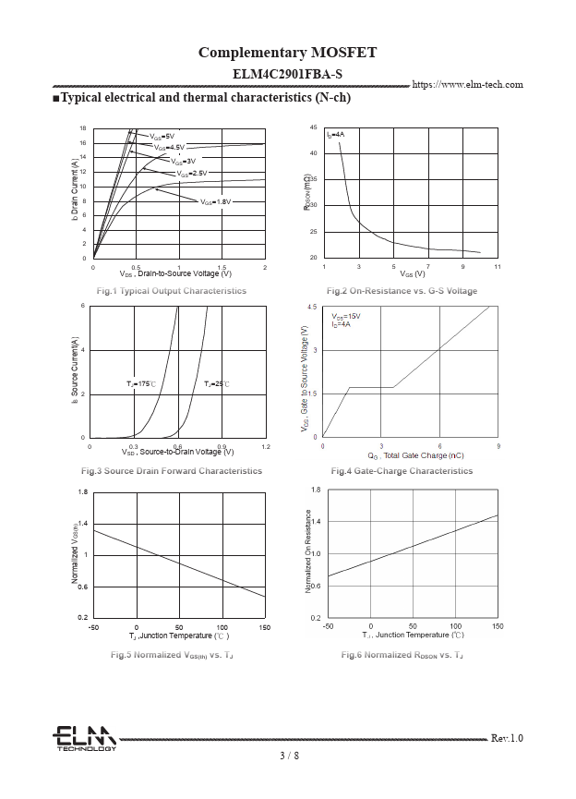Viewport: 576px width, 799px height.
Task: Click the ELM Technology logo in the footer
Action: (x=84, y=738)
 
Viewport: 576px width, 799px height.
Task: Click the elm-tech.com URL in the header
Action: (x=467, y=85)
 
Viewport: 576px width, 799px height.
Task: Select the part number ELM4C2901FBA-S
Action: (x=287, y=73)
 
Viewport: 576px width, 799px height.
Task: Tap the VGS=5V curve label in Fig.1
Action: (x=162, y=136)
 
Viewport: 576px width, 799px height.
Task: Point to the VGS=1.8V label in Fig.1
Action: (x=215, y=200)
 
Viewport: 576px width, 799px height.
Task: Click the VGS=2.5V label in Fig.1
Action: (x=192, y=173)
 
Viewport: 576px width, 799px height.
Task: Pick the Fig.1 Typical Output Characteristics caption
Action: (x=172, y=291)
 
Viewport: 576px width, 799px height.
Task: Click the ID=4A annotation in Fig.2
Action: (x=336, y=135)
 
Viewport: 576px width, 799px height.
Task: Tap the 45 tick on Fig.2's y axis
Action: (x=314, y=127)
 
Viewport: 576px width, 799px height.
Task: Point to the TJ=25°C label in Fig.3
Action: (x=217, y=382)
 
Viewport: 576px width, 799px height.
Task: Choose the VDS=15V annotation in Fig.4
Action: (x=346, y=316)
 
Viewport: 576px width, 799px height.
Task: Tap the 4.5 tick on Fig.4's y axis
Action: (x=312, y=307)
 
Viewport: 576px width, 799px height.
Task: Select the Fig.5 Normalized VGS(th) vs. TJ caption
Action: (x=172, y=655)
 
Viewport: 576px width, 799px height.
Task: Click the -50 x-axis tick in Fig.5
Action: (x=93, y=627)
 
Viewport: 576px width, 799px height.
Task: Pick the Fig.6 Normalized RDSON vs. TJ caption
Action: (x=402, y=655)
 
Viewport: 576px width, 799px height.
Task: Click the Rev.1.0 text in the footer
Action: (x=507, y=738)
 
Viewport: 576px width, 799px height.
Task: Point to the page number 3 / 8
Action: (x=289, y=756)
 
